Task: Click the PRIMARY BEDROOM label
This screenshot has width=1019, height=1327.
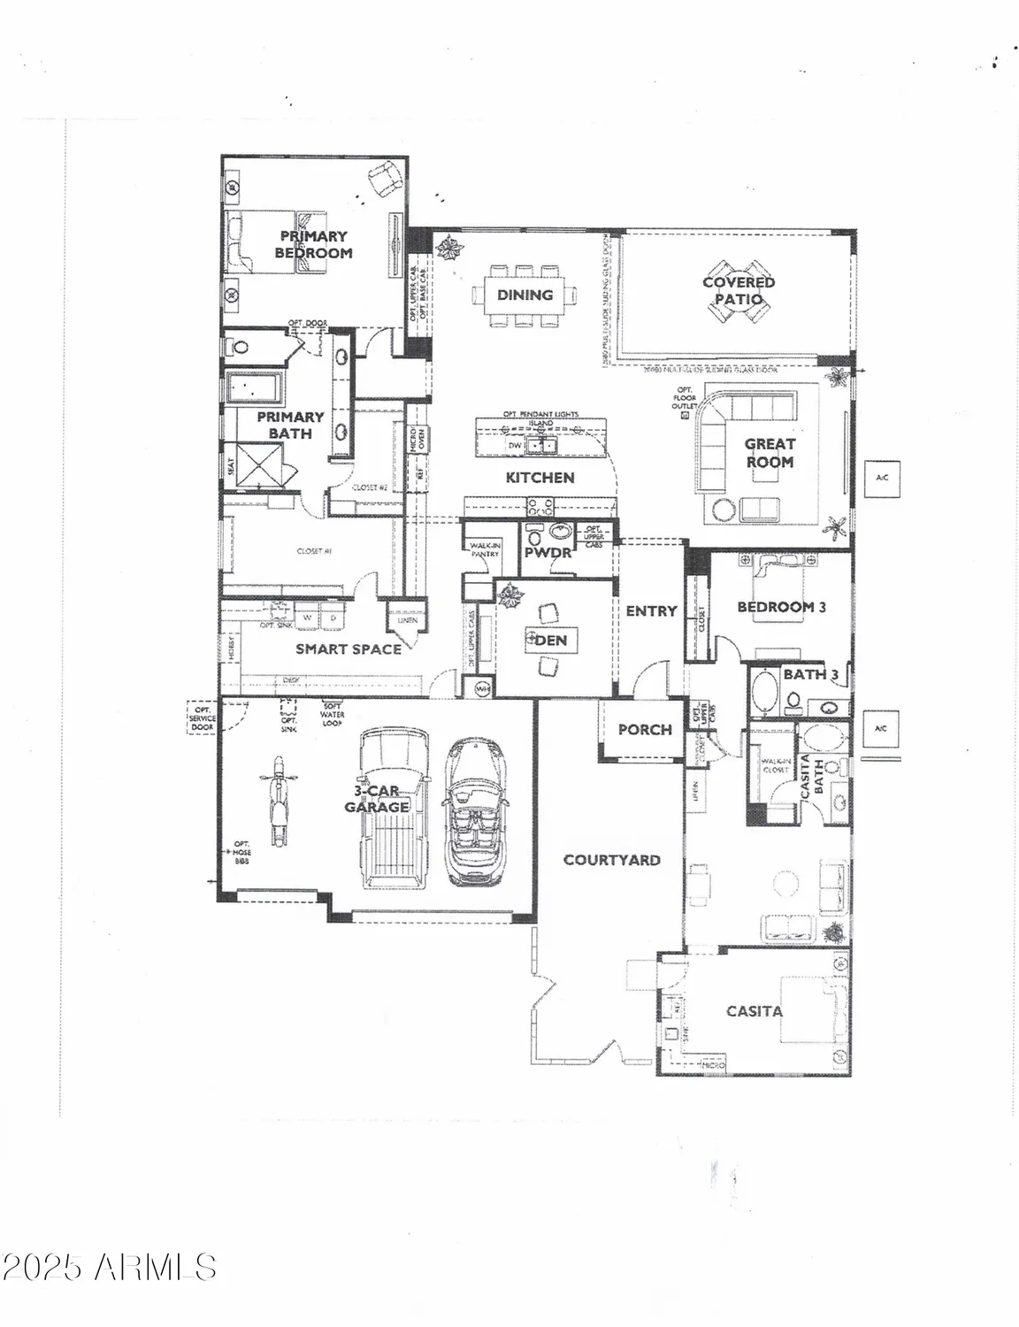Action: (x=313, y=244)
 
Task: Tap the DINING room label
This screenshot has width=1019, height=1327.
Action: (x=525, y=295)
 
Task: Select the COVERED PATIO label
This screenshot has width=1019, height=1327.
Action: (x=739, y=290)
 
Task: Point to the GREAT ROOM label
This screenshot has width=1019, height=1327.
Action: (x=770, y=453)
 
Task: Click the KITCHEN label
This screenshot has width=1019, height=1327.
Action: (x=540, y=478)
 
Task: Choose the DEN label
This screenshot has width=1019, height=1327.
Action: (x=551, y=640)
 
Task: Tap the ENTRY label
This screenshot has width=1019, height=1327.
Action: (x=651, y=611)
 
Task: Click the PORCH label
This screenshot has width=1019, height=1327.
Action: (x=645, y=730)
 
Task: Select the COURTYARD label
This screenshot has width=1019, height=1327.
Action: (x=611, y=860)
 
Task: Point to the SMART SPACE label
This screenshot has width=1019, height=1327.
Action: (x=348, y=649)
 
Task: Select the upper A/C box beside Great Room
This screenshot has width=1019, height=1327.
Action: (x=881, y=478)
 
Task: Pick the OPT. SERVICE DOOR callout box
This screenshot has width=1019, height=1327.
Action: (x=203, y=717)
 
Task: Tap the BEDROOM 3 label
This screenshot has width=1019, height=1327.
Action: (x=781, y=607)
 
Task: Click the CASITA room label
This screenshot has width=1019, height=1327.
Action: (x=754, y=1011)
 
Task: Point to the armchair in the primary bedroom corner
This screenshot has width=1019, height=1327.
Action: (x=385, y=182)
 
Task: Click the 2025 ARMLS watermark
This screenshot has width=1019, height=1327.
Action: (x=109, y=1266)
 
